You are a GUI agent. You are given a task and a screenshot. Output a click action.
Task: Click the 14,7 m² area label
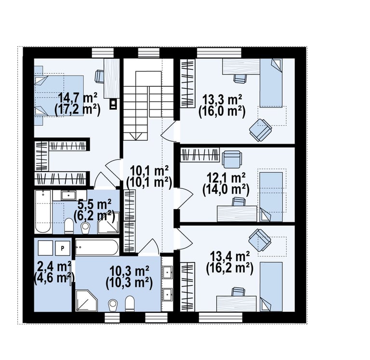point(78,98)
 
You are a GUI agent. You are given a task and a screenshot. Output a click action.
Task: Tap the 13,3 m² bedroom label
point(222,100)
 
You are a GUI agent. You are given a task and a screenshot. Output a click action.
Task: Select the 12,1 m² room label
point(226,178)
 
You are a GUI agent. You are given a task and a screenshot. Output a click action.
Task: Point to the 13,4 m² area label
point(230,256)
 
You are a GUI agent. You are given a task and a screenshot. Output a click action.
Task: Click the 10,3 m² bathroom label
point(129,271)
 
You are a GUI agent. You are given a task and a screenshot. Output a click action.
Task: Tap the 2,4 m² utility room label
point(54,267)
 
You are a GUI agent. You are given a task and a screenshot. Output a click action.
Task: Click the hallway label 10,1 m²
point(149,171)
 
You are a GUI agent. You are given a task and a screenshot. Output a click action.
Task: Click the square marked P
point(63,248)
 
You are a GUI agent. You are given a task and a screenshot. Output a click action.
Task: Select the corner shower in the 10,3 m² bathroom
point(87,301)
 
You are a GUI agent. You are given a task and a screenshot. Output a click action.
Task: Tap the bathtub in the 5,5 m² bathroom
point(43,212)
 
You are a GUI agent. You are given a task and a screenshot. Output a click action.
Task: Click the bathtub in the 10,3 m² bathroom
point(97,247)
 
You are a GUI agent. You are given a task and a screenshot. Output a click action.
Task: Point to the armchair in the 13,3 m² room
point(261,130)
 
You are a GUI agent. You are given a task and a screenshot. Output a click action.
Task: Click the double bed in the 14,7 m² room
point(59,95)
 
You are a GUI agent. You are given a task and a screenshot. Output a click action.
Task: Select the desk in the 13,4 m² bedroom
point(236,304)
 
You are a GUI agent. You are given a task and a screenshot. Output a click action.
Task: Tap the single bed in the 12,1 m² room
point(271,197)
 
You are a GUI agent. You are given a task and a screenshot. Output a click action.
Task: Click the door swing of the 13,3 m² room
point(168,132)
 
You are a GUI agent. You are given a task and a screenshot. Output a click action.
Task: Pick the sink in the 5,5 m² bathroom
point(68,195)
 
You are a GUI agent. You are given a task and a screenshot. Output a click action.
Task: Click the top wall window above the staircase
point(149,53)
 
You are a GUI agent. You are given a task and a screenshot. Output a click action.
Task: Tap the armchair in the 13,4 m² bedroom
point(260,240)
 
